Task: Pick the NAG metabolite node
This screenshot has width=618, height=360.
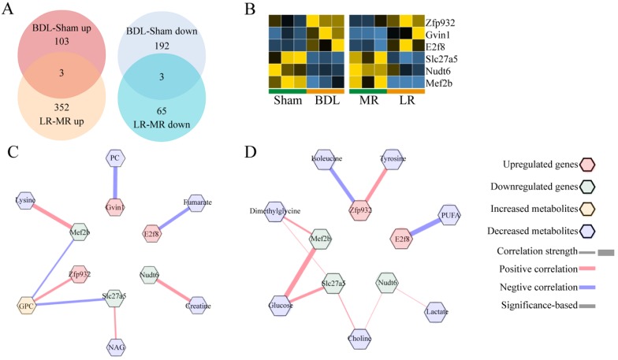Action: coord(114,344)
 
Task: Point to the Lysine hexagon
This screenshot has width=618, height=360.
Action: coord(24,201)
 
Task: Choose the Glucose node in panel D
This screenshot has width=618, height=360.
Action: coord(281,306)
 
